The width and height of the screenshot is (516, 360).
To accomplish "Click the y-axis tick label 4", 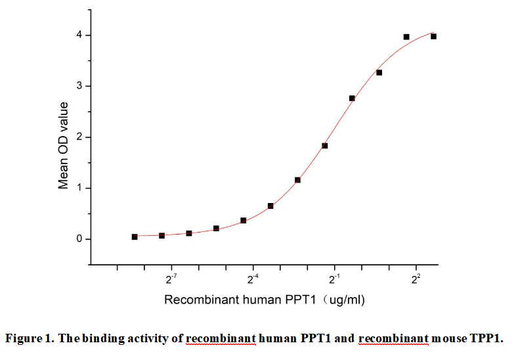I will click(78, 35).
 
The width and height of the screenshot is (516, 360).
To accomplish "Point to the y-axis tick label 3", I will click(78, 86).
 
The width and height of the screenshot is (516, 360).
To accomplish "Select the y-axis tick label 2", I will click(78, 137).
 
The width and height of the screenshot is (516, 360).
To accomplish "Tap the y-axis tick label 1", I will click(78, 189).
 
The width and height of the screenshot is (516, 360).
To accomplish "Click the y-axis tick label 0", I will click(78, 239).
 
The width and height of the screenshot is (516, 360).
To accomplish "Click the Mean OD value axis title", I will click(64, 145).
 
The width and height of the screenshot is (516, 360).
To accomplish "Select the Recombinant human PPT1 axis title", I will click(264, 300).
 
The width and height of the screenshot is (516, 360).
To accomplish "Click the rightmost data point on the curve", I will click(433, 36).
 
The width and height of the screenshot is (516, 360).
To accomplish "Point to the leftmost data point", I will click(135, 236).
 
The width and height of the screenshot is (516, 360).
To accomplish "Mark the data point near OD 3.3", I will click(379, 72).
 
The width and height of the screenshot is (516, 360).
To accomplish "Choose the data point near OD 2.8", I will click(352, 98).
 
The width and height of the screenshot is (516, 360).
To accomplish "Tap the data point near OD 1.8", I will click(325, 146).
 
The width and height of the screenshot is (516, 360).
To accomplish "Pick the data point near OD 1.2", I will click(297, 180).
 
